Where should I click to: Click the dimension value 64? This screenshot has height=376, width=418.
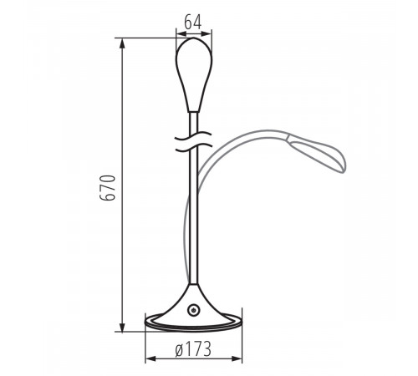click(193, 23)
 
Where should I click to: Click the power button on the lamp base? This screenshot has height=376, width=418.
click(195, 310)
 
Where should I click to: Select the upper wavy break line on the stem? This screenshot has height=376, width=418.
click(195, 135)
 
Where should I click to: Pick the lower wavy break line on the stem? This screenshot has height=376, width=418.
click(195, 148)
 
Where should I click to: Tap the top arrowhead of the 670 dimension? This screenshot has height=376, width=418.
click(123, 42)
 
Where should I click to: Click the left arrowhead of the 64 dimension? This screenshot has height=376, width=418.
click(179, 33)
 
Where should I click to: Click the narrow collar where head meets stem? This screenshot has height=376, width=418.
click(195, 111)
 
